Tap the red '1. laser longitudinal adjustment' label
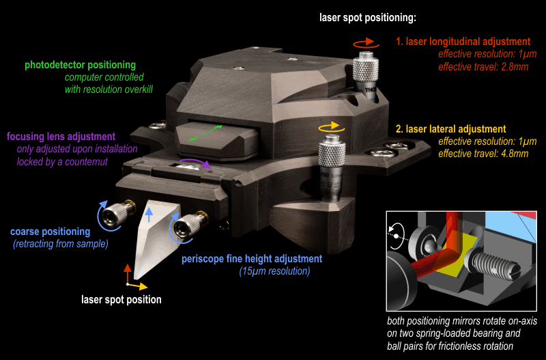click(463, 42)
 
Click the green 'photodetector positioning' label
click(80, 66)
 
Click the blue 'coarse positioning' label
click(50, 231)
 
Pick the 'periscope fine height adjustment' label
click(251, 259)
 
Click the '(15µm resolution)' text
click(274, 271)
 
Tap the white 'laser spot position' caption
click(121, 299)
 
